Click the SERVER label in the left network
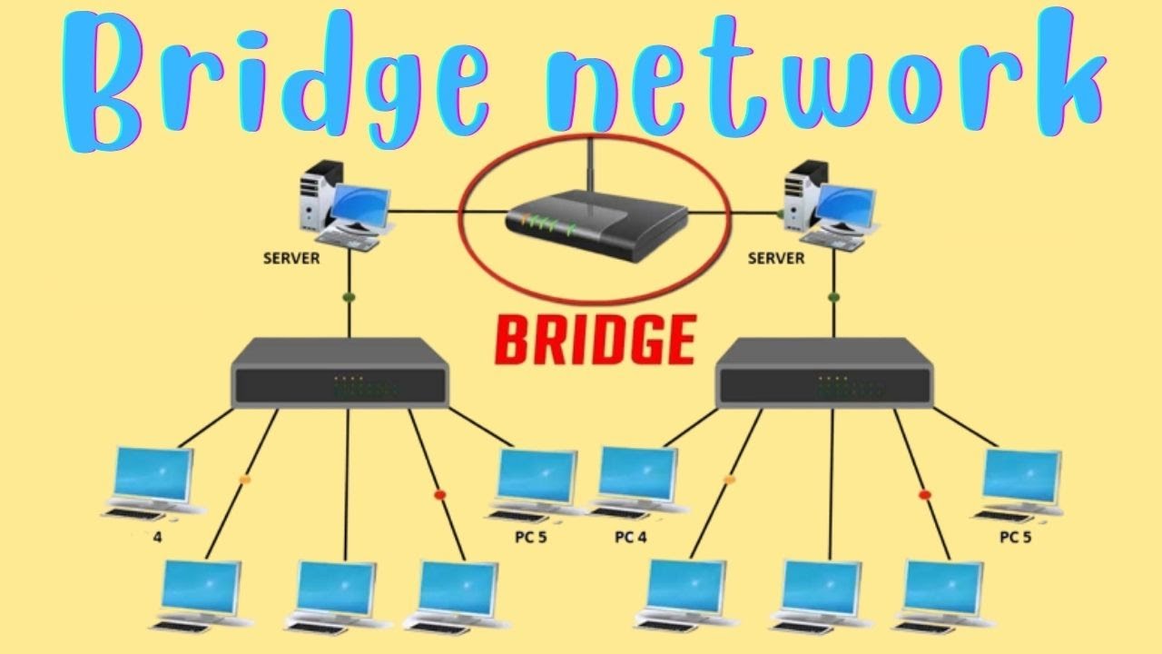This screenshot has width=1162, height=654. [x=291, y=258]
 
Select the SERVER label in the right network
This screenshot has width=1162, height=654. [x=776, y=258]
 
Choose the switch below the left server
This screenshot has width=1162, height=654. [x=340, y=372]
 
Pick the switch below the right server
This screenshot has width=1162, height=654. [x=825, y=372]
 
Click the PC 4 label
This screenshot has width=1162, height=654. [x=631, y=537]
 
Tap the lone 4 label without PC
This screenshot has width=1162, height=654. [x=158, y=537]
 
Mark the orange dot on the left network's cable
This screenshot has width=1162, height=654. [x=243, y=479]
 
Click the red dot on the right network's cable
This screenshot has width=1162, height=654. [x=925, y=495]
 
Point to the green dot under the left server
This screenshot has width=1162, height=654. [x=349, y=296]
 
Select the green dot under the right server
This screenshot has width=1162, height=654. [x=833, y=296]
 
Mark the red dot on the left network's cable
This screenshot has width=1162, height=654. [x=440, y=495]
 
